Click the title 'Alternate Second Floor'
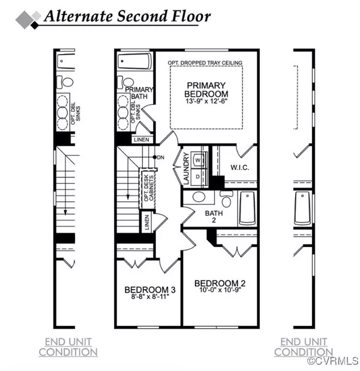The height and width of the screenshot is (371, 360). click(x=127, y=16)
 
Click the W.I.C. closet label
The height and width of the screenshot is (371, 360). click(x=240, y=167)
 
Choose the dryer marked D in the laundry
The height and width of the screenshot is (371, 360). click(x=199, y=177)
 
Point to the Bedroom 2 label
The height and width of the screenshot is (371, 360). click(x=220, y=283)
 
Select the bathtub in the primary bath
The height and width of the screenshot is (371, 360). click(x=134, y=62)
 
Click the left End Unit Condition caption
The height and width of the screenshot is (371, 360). click(x=68, y=347)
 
